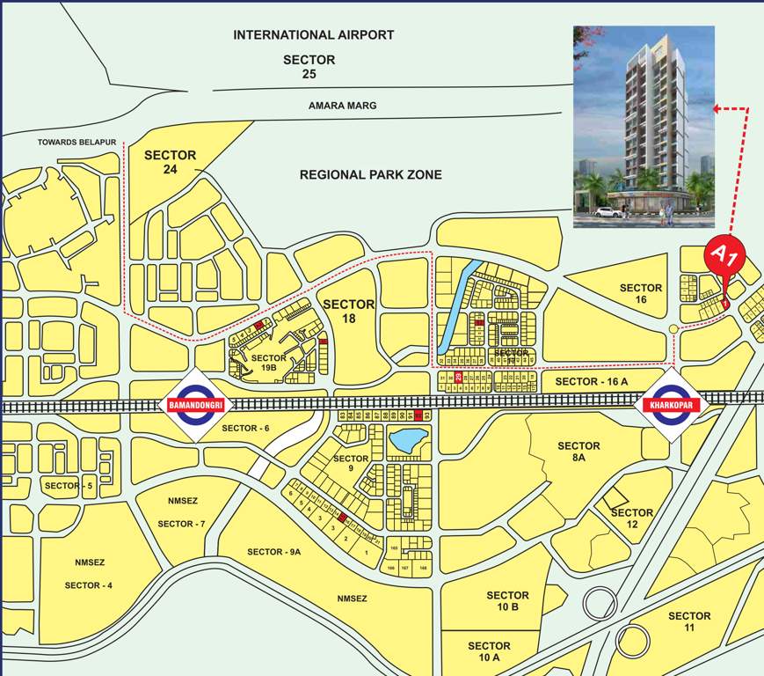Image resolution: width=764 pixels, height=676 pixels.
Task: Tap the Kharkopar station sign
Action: point(667,405)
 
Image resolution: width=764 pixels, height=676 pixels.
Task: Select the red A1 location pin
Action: point(727,261)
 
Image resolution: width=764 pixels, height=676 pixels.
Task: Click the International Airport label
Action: point(313,35)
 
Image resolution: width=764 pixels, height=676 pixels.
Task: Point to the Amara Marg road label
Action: point(342,106)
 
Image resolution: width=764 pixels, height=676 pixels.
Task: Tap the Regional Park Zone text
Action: point(370,175)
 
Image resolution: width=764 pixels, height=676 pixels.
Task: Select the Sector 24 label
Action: point(171,162)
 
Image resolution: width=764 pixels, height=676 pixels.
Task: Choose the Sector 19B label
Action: point(268,364)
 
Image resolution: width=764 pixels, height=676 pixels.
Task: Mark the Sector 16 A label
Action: point(592,381)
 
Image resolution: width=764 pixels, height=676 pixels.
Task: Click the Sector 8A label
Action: point(578,452)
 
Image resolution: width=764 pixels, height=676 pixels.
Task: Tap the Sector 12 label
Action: point(632,518)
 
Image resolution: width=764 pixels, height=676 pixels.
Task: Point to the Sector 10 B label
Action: point(508,602)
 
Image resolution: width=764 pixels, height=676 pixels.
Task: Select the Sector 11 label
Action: point(689,621)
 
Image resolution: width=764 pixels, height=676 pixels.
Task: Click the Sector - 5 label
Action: point(69,486)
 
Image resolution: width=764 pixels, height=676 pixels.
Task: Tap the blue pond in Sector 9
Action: point(409,440)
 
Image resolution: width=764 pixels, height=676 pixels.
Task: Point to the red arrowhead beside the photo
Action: point(717,109)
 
